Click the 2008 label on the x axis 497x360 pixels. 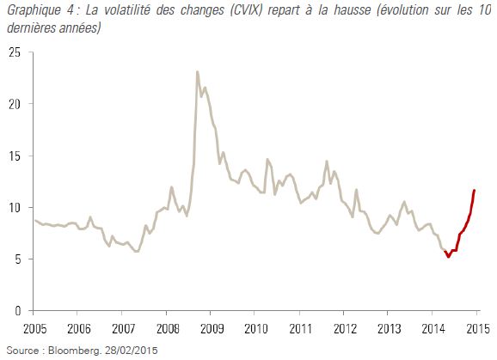(x=168, y=329)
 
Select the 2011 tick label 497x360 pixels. (x=300, y=329)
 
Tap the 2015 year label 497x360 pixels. (x=478, y=329)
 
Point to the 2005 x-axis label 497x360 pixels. (x=35, y=329)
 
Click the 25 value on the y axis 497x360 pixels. (x=15, y=52)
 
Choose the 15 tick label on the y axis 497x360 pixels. (x=15, y=156)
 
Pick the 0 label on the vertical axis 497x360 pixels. (x=18, y=311)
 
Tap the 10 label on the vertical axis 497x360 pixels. (x=15, y=208)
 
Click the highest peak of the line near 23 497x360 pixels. (x=197, y=72)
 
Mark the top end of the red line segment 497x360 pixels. (x=474, y=190)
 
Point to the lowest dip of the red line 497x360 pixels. (x=448, y=256)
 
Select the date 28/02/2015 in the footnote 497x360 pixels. (x=132, y=351)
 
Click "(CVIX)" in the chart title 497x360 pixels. (x=247, y=10)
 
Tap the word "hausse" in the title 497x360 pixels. (x=352, y=10)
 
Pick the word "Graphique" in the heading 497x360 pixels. (x=34, y=10)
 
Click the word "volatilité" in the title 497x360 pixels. (x=127, y=10)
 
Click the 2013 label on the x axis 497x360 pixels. (x=389, y=329)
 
